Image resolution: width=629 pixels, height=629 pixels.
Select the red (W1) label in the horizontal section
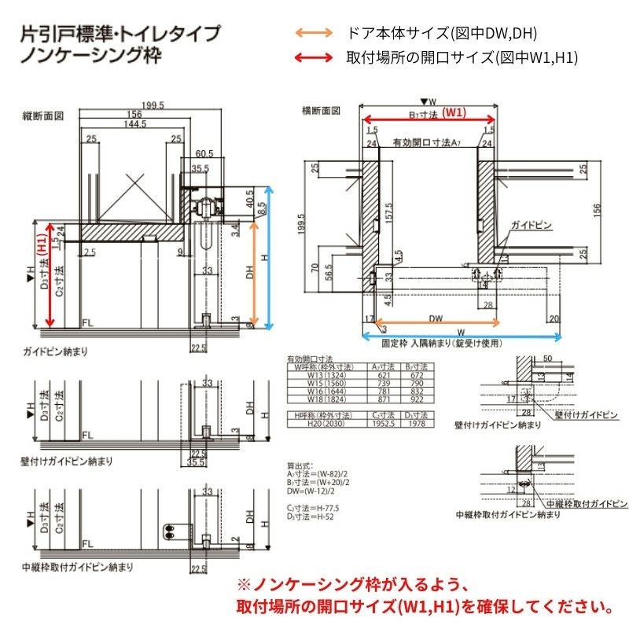coord(453,112)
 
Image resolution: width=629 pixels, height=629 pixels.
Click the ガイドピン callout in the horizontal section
coord(532,226)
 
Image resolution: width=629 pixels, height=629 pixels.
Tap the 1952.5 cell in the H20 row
coord(384,423)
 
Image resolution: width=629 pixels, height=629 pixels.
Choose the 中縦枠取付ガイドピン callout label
coord(587,502)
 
